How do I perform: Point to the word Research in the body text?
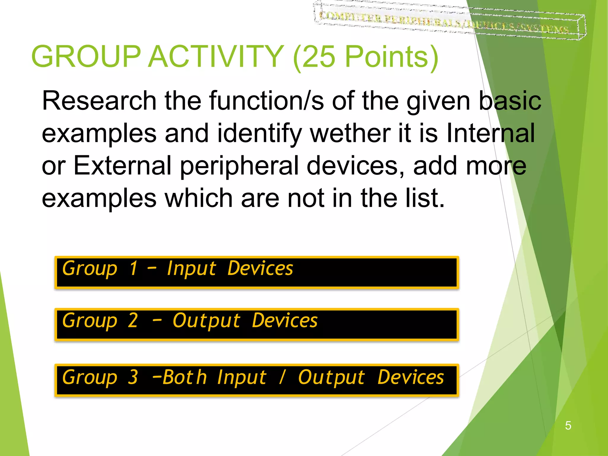click(99, 101)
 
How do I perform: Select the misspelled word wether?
click(350, 133)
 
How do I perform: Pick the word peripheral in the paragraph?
click(239, 166)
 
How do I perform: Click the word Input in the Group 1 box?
click(191, 269)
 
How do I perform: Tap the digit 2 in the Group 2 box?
click(133, 321)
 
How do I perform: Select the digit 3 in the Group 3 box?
click(133, 377)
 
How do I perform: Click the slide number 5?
click(568, 425)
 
